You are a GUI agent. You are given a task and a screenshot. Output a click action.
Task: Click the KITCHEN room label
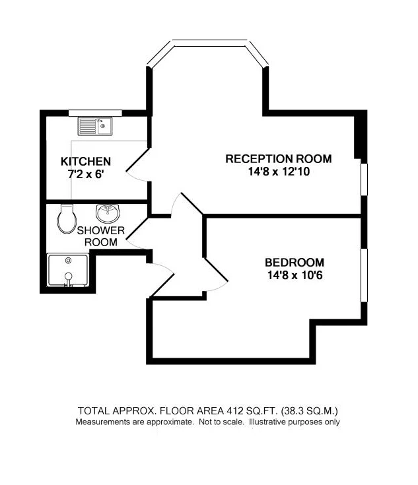coord(86,162)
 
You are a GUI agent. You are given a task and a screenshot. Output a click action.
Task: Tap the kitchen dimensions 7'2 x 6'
coord(86,174)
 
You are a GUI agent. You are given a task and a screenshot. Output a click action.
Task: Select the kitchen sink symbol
coord(96,125)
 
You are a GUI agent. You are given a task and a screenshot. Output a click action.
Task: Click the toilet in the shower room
coord(66,218)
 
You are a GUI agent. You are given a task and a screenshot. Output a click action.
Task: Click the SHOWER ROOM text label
coord(100,236)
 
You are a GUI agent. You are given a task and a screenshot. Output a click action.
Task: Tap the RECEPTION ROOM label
coord(278,159)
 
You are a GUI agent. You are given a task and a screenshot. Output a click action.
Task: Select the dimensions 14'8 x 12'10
coord(278,172)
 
